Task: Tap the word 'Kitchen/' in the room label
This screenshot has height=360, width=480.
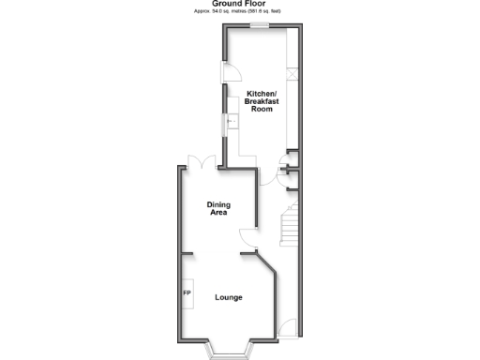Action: pos(261,96)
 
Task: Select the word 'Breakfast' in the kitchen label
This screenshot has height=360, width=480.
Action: pos(261,103)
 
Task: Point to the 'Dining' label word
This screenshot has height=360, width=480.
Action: pos(219,205)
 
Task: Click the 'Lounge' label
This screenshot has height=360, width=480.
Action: pos(229,297)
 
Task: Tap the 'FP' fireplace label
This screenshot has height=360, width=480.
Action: pos(187,294)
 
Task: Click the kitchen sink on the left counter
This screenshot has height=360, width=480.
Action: pos(228,123)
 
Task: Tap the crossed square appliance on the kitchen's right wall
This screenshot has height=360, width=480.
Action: pos(292,76)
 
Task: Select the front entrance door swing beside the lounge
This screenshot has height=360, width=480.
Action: pos(290,329)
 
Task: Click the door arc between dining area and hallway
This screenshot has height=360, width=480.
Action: pos(248,234)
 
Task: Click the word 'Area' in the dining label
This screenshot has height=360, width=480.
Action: pos(219,214)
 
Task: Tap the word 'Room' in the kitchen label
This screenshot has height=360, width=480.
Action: pos(261,111)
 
